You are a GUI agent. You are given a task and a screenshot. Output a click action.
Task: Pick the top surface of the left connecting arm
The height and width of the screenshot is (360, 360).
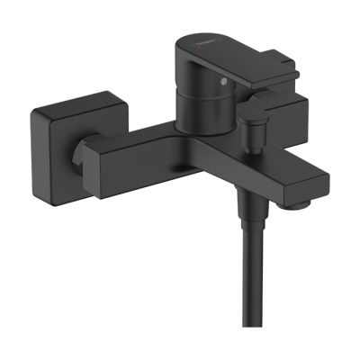click(135, 135)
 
